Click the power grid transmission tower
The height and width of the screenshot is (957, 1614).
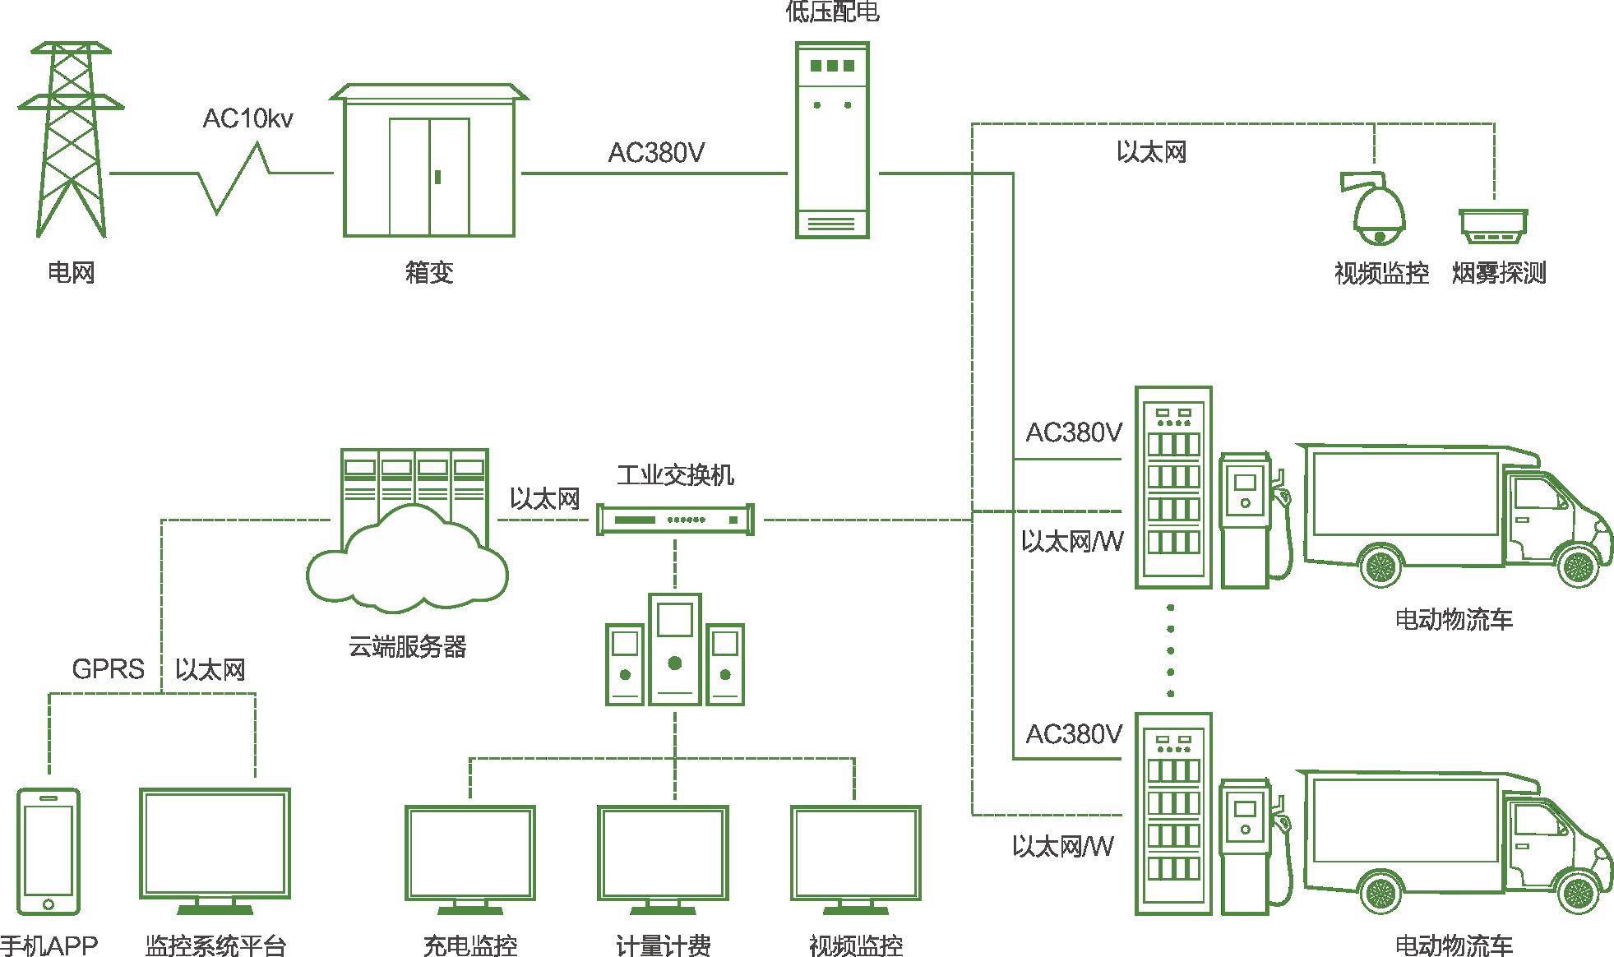click(72, 140)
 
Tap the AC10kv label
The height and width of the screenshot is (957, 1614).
click(247, 119)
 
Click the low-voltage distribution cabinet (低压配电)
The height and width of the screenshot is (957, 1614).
click(832, 141)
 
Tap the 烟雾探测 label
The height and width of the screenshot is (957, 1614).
click(1498, 273)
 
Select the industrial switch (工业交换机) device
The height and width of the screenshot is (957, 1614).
click(675, 520)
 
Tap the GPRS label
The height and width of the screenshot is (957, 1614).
click(108, 669)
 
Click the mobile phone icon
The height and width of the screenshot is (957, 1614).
click(49, 851)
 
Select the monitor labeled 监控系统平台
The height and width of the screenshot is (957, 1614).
click(215, 848)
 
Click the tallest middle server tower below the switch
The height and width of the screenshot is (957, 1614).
click(675, 649)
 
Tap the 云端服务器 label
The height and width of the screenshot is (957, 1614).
click(407, 647)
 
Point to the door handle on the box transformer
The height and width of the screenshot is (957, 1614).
click(438, 177)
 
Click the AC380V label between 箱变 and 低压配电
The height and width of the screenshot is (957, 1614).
click(655, 153)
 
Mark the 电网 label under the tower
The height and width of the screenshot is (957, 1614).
click(72, 272)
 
